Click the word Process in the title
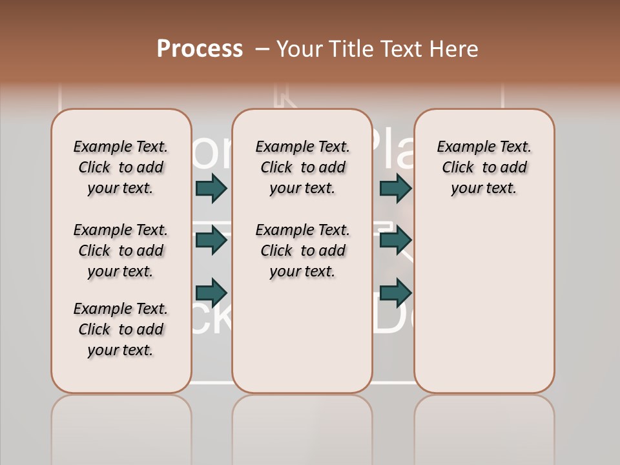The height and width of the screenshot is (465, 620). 200,49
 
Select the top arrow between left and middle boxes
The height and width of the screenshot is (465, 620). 211,188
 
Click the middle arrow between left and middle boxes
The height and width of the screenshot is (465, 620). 211,240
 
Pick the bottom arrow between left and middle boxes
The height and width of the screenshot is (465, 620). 211,291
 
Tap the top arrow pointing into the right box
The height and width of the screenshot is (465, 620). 395,188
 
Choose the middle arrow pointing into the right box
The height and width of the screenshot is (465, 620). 395,240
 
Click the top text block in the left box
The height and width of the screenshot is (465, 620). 121,167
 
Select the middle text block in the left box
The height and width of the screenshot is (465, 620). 121,251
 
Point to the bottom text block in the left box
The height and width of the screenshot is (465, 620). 121,329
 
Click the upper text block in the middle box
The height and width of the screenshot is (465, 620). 302,167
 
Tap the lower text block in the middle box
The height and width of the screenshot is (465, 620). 302,251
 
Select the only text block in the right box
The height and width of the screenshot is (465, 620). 484,167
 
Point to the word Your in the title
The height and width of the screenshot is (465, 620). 299,49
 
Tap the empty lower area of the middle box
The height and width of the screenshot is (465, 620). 302,336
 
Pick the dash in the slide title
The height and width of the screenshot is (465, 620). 262,49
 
